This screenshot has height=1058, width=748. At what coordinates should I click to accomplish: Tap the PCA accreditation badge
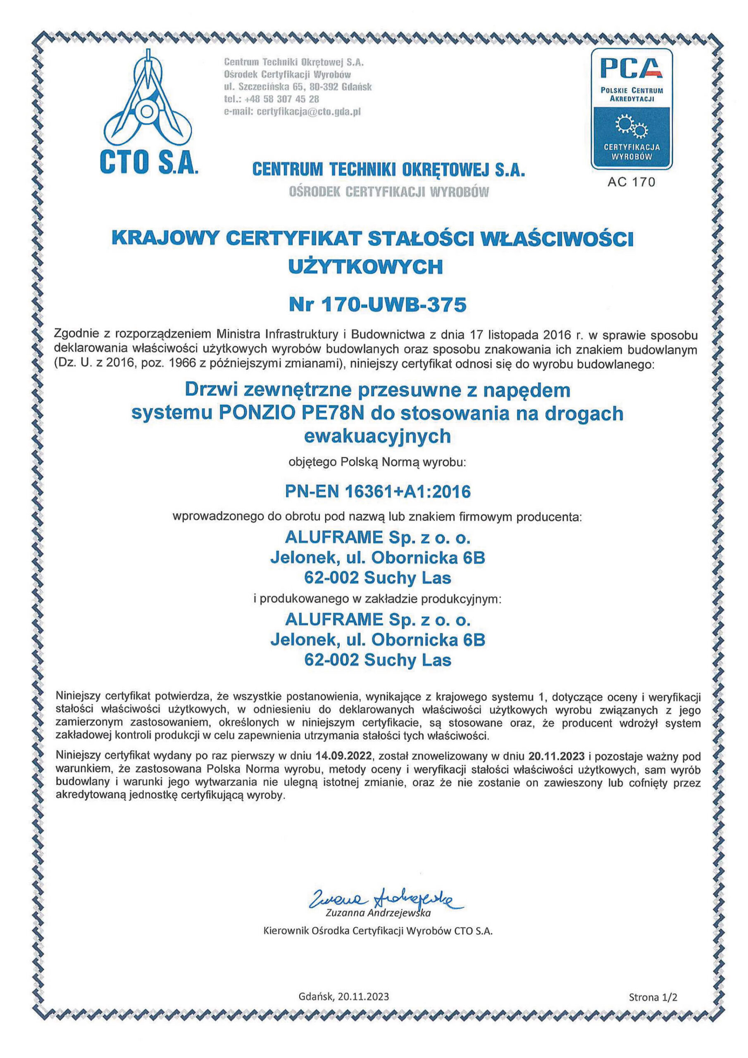631,108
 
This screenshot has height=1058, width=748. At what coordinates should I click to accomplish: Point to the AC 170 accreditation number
631,182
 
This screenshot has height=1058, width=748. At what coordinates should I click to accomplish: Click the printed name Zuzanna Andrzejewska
377,913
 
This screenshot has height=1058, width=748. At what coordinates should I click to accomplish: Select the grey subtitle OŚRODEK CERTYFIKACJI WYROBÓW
388,192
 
